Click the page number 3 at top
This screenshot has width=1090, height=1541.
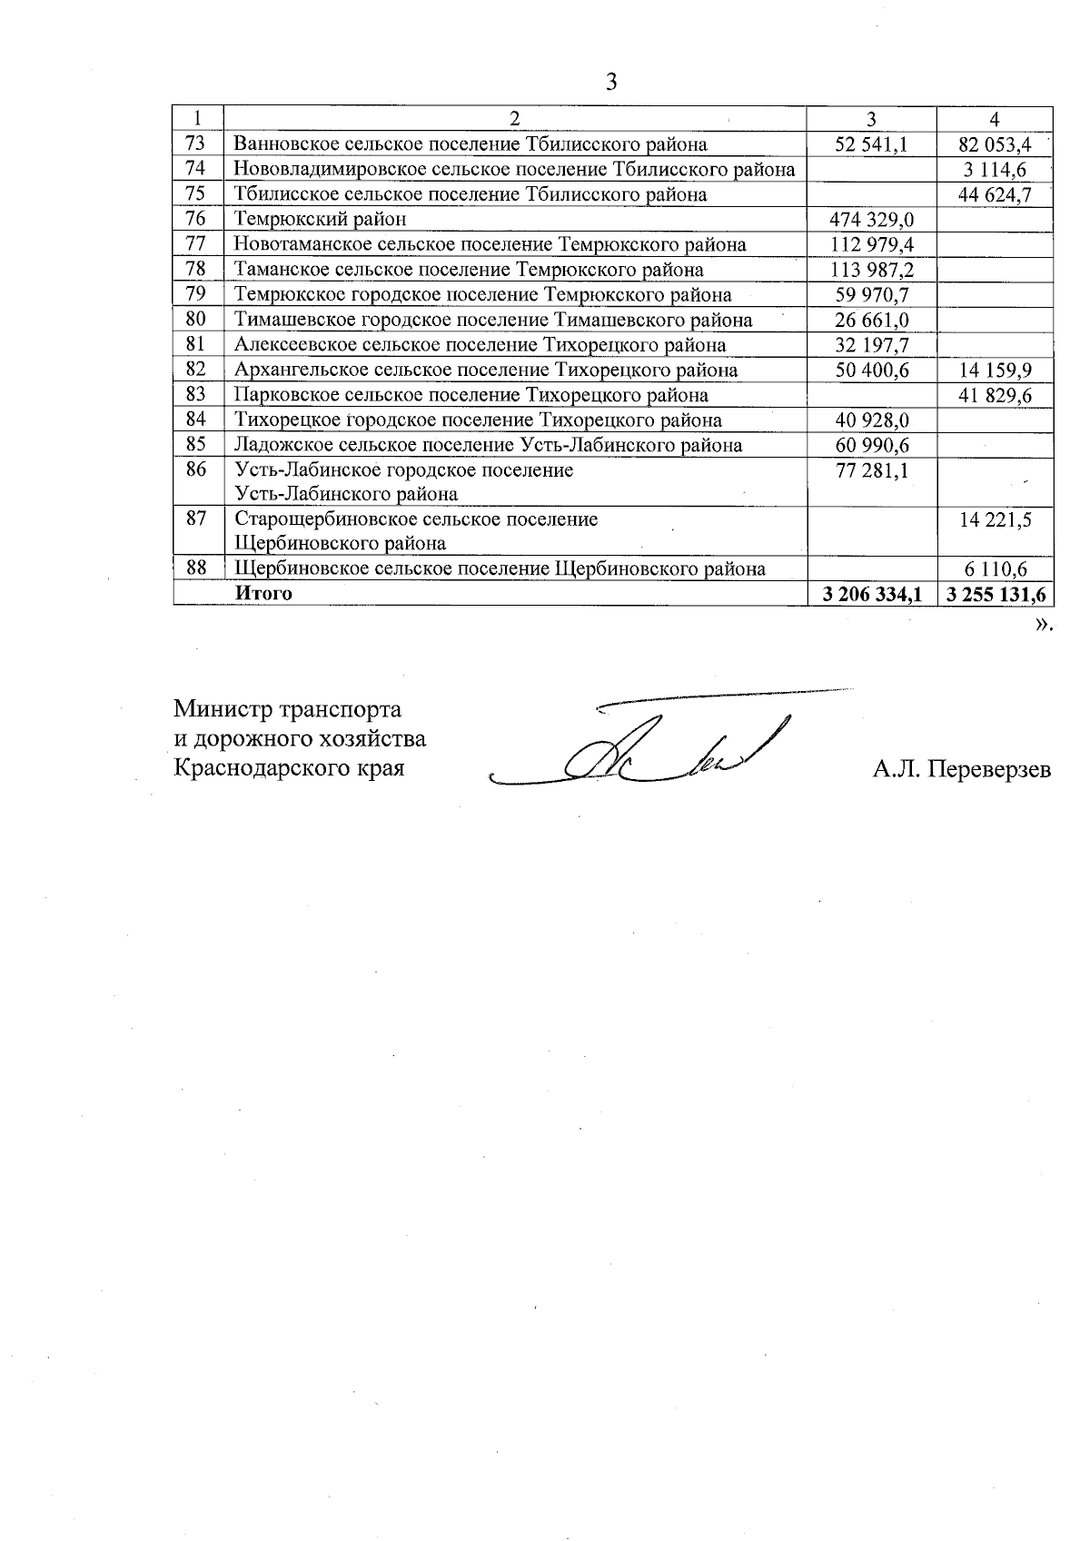[610, 83]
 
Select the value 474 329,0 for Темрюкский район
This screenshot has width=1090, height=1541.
[871, 219]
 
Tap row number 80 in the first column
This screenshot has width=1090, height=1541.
[195, 319]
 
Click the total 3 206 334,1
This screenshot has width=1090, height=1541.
[871, 594]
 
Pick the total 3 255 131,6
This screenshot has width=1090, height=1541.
[996, 594]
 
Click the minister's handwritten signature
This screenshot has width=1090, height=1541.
[654, 749]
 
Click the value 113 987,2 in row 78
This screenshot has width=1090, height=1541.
[871, 270]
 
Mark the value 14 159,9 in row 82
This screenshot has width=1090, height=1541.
[996, 370]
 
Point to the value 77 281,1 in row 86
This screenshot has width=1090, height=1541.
[871, 469]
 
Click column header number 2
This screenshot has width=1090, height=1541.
[514, 119]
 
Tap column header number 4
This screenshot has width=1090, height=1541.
[996, 119]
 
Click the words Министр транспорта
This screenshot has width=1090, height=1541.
[287, 708]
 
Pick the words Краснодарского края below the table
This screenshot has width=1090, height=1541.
[289, 768]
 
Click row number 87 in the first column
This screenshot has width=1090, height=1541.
[195, 519]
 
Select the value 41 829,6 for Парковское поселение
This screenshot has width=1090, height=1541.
[996, 395]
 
